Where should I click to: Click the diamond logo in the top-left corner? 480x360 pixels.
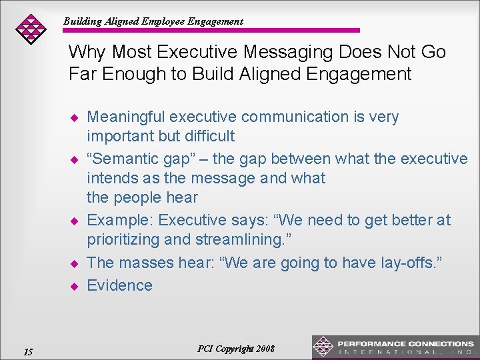coord(31,29)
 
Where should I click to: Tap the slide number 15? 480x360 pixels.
coord(27,351)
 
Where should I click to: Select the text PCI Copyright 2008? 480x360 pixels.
coord(236,349)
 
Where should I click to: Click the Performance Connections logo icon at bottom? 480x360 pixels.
coord(323,347)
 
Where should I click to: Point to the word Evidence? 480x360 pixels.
coord(120,285)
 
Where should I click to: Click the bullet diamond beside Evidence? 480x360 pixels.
coord(75,286)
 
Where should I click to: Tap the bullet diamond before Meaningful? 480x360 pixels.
coord(75,118)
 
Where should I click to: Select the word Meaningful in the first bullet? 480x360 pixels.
coord(126,117)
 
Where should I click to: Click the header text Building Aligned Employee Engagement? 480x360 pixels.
coord(153,21)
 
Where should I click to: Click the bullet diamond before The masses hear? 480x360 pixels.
coord(75,263)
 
